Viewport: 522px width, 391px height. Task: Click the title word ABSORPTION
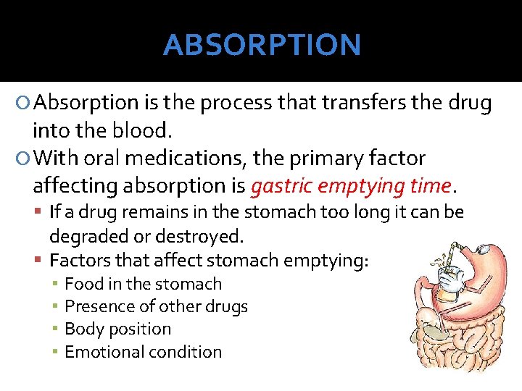point(262,45)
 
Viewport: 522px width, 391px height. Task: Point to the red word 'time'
point(430,186)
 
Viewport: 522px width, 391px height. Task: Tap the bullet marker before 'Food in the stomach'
point(55,284)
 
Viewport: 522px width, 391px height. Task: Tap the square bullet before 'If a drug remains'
point(39,212)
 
